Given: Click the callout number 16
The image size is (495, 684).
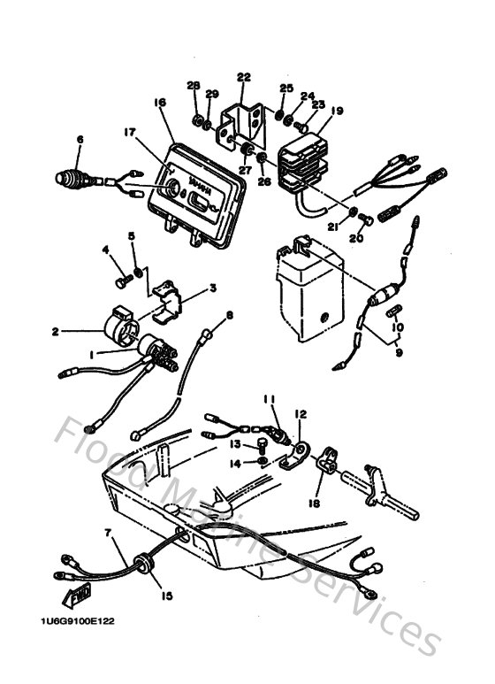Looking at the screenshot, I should [x=160, y=103].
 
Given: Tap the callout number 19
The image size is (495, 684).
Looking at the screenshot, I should [x=338, y=111].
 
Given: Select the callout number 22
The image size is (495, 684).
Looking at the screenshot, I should [x=244, y=77].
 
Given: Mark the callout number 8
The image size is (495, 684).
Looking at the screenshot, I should [x=230, y=315].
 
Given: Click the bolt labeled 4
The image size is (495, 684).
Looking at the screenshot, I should [x=122, y=281].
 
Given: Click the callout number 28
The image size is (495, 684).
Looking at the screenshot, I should [x=194, y=85].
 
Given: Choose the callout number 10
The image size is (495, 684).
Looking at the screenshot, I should [x=398, y=327].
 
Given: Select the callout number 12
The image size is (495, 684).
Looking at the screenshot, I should [x=300, y=413].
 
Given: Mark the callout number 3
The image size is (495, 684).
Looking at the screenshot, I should [x=212, y=288].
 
